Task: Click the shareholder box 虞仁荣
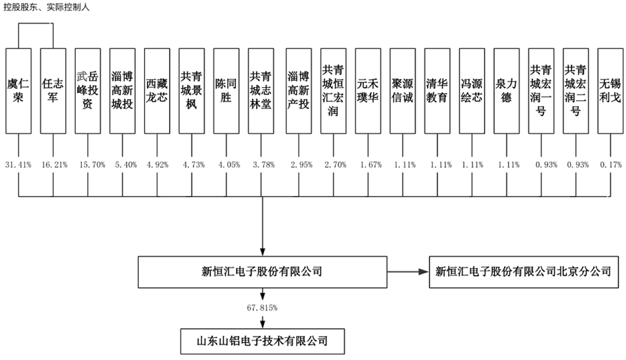(x=19, y=91)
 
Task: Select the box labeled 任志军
(x=54, y=91)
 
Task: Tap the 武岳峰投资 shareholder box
(x=88, y=91)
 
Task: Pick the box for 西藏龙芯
(x=156, y=91)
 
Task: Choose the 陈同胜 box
(x=225, y=91)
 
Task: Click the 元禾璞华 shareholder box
(x=367, y=91)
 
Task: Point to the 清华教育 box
(x=436, y=91)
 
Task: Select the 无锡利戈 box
(x=610, y=91)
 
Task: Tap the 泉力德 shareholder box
(x=506, y=91)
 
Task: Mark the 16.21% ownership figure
(x=54, y=164)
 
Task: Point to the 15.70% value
(x=88, y=164)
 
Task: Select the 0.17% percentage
(x=610, y=164)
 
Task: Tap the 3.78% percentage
(x=260, y=164)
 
